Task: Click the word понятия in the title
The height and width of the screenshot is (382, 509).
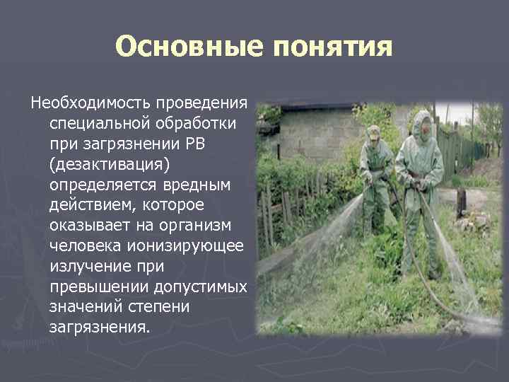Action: click(330, 47)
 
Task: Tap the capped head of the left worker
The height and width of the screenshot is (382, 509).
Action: click(373, 133)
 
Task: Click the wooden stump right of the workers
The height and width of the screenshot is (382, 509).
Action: click(461, 202)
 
